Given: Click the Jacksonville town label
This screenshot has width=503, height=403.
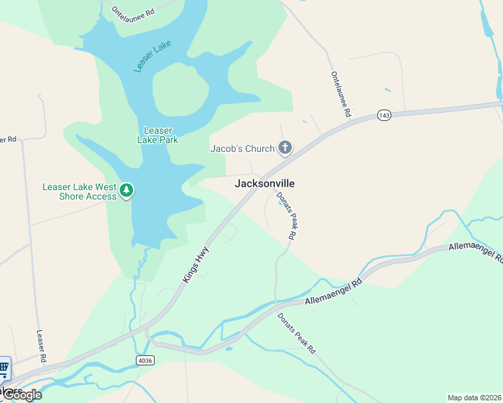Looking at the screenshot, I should [x=264, y=183].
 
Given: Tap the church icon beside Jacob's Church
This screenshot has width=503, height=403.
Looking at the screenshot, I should [x=285, y=148].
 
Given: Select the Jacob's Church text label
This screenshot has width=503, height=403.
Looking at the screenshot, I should [x=242, y=148].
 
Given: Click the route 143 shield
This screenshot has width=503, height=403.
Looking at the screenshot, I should [x=383, y=116].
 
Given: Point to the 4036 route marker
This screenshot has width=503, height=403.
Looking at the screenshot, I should [x=144, y=361].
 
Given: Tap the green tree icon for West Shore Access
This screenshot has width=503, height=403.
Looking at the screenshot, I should [x=126, y=191].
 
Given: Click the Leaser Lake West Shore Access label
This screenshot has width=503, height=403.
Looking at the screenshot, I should [x=79, y=191].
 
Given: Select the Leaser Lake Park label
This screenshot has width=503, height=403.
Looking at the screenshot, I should [x=158, y=135].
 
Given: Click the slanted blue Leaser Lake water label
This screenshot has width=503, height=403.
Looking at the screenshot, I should [x=153, y=56].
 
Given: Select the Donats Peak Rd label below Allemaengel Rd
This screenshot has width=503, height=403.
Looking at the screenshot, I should [x=297, y=333].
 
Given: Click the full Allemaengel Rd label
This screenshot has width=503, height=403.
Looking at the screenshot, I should [x=334, y=293].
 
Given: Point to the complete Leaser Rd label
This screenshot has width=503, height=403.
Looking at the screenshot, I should [x=40, y=346].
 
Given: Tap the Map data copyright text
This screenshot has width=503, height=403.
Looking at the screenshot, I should [x=474, y=398].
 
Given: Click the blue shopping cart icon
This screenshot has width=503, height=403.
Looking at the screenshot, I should [x=4, y=367].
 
